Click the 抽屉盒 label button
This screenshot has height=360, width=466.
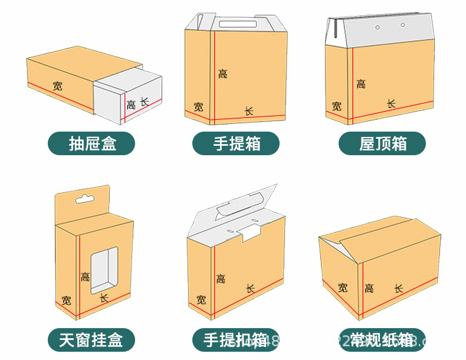coord(91,143)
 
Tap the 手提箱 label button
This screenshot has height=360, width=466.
coord(236,143)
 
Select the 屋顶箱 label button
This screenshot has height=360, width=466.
coord(382,143)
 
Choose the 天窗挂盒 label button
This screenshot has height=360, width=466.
coord(91,341)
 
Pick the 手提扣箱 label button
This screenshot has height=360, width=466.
coord(236,341)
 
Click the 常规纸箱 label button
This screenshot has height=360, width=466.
coord(382,341)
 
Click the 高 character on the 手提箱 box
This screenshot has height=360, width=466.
coord(222,74)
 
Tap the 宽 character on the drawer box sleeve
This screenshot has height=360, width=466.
coord(57,86)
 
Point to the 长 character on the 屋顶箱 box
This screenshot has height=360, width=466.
coord(391,103)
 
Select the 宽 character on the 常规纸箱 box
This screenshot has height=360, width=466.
coord(343,287)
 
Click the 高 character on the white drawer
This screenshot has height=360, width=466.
coord(131,105)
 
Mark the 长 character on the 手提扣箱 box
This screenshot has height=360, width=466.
coord(250,288)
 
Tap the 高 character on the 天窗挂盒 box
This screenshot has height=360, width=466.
coord(86,277)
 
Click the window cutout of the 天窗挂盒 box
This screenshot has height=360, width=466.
coord(103,270)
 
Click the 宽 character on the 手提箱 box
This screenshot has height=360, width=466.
coord(199,107)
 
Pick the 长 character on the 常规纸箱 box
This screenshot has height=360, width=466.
coord(399,288)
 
